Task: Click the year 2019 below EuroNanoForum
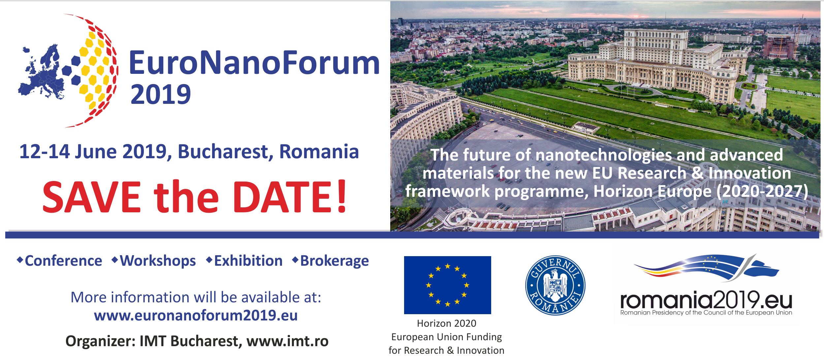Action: (x=161, y=94)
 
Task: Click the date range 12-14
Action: (x=45, y=152)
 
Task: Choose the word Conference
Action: (x=63, y=261)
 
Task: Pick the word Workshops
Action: (x=158, y=261)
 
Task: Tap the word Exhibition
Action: (x=248, y=261)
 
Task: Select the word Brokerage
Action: (x=334, y=261)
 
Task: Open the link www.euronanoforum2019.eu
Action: (x=196, y=315)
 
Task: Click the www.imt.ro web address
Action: (x=287, y=341)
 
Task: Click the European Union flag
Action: (x=447, y=285)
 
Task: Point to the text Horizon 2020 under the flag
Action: (x=447, y=323)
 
